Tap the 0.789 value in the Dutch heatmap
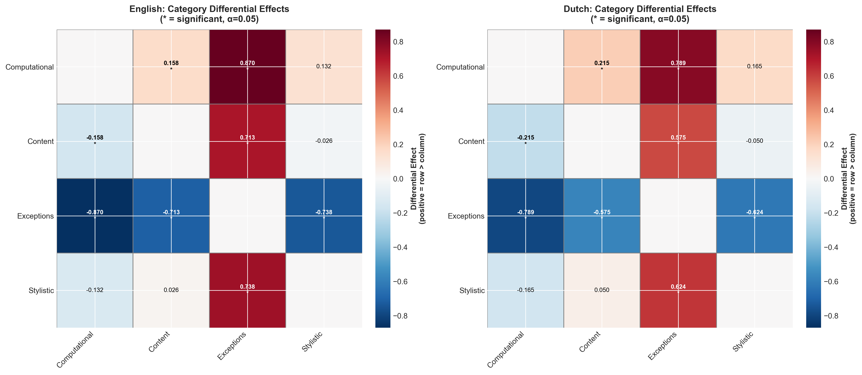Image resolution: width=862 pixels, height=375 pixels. [678, 63]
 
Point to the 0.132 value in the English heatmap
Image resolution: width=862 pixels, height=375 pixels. [324, 66]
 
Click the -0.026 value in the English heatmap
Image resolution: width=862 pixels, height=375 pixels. [324, 141]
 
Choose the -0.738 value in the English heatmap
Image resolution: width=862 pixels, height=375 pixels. [324, 212]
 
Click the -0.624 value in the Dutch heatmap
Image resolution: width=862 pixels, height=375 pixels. [755, 212]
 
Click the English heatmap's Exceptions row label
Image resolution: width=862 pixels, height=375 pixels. [36, 216]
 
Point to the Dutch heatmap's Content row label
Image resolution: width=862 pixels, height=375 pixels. [471, 141]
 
